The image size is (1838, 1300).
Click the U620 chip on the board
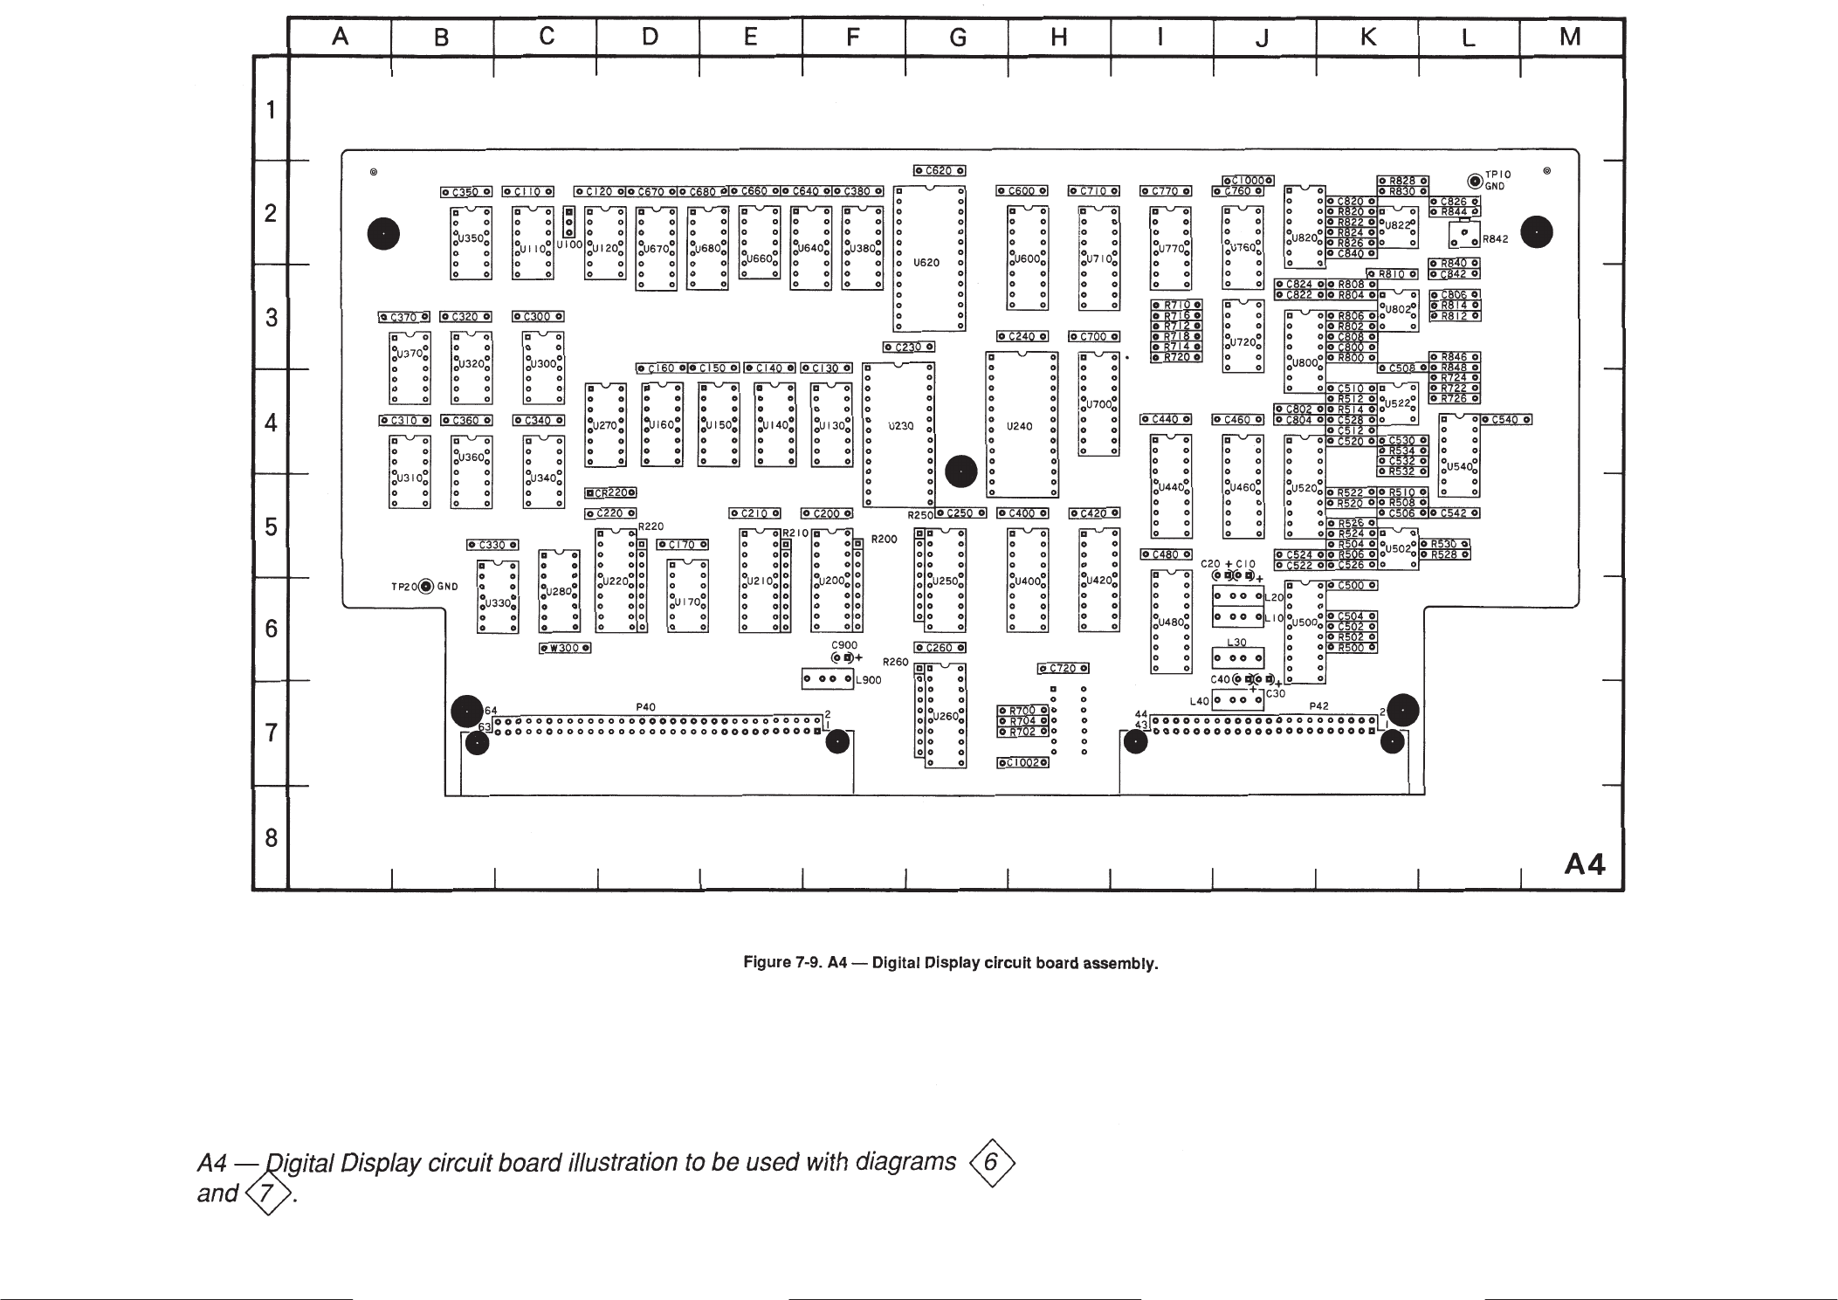pos(929,261)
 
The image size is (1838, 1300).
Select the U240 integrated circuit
pos(1021,425)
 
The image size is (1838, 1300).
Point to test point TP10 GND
pos(1475,182)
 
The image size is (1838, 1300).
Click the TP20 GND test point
pos(426,586)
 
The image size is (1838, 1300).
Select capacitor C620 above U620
pos(940,171)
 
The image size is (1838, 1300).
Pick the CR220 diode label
pos(610,492)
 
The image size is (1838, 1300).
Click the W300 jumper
pos(566,648)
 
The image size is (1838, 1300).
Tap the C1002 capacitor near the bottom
pos(1022,762)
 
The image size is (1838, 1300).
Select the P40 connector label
pos(646,706)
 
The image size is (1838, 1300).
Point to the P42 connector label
pos(1318,705)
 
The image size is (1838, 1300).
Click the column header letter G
pos(957,38)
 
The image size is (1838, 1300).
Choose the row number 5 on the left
pos(271,527)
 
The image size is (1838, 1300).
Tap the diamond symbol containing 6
pos(990,1163)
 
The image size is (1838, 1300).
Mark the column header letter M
pos(1570,38)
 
